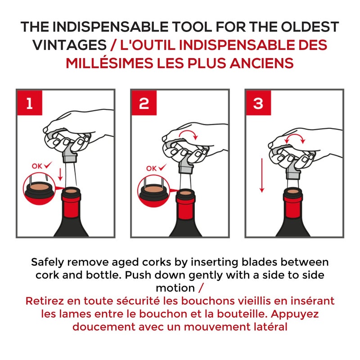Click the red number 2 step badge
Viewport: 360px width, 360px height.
(x=144, y=103)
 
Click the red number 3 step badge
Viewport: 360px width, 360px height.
(x=258, y=103)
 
